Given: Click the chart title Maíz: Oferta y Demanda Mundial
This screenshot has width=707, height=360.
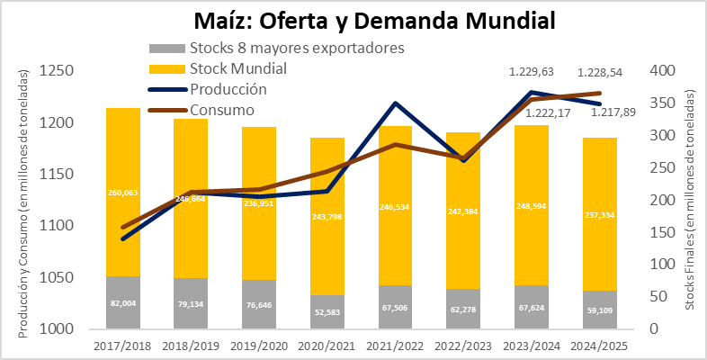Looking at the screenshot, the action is point(374,21).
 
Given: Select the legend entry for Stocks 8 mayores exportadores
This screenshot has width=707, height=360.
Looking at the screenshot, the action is point(276,48).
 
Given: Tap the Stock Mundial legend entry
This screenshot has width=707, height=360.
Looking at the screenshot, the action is point(218,68).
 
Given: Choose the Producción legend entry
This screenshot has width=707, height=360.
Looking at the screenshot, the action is point(208,89).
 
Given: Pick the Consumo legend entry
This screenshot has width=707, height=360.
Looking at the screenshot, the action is point(201,110).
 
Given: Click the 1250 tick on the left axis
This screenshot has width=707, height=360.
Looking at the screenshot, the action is point(57,71).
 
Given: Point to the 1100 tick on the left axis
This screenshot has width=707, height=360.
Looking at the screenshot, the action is point(57,226).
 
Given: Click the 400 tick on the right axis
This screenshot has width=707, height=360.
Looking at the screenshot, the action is point(662,71).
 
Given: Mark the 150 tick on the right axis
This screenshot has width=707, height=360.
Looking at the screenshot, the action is point(662,232).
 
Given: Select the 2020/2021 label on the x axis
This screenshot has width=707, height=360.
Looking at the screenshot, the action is point(327,346).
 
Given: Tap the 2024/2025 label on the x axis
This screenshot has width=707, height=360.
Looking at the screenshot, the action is point(600,346).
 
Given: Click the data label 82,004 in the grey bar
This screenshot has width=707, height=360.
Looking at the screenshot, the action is point(123,303).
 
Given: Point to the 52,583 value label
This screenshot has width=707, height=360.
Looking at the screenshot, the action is point(327,312).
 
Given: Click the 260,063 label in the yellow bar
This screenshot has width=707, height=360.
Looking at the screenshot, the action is point(123,193).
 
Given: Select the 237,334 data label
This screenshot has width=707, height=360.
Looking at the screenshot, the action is point(599,215).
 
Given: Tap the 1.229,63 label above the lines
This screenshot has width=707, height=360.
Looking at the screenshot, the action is point(532,72).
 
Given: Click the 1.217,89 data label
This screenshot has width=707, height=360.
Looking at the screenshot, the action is point(613,112).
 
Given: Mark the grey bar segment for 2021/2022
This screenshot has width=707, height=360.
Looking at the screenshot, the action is point(396,307).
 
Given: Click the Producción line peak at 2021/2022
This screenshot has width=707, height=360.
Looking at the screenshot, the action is point(395,103).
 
